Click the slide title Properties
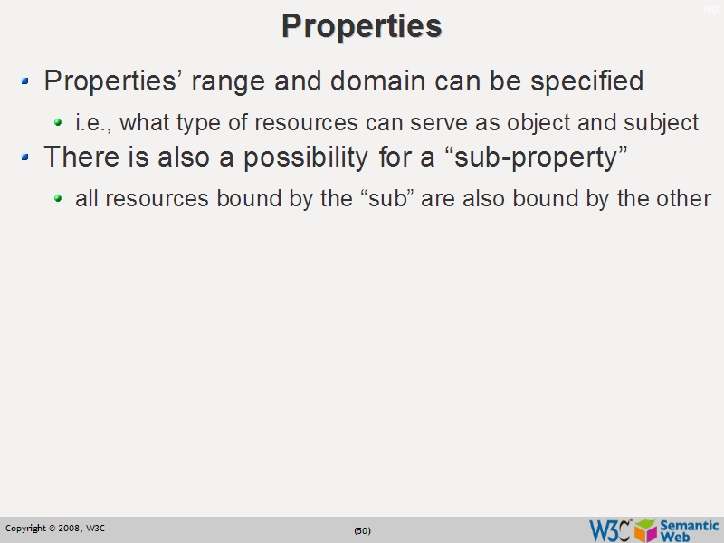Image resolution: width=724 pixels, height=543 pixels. [361, 25]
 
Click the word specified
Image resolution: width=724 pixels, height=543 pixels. [587, 81]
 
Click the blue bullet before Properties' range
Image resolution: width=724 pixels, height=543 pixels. [26, 82]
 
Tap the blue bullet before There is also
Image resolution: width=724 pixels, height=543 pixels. [26, 158]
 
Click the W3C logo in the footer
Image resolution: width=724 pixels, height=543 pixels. [610, 529]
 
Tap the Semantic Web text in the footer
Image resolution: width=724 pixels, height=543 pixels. [690, 529]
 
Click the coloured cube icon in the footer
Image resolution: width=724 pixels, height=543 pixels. [645, 529]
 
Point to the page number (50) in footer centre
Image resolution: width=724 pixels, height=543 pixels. [362, 530]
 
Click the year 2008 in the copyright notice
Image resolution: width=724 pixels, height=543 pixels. [69, 528]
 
